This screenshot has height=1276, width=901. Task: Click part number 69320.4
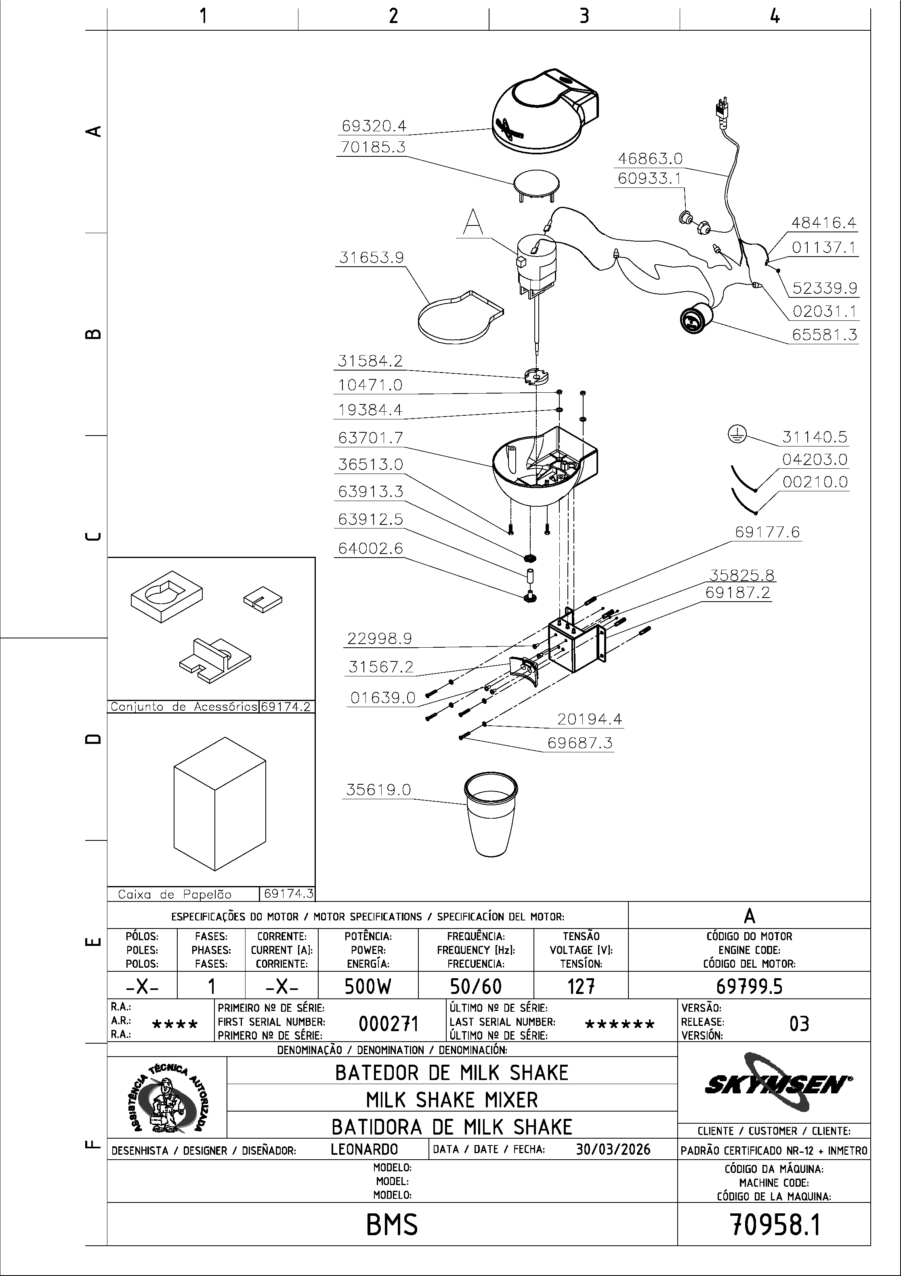point(374,126)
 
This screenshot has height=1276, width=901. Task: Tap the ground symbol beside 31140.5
point(737,435)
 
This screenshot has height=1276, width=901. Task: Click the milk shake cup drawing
point(491,814)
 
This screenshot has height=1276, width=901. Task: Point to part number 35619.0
point(378,790)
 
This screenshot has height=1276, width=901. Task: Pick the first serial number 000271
point(388,1023)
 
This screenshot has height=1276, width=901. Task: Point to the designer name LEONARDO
point(364,1149)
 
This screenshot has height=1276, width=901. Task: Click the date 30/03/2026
point(613,1149)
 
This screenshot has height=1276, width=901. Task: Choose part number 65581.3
point(825,335)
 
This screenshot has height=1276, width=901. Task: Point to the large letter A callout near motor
point(473,222)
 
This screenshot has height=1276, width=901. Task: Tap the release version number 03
point(799,1023)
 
